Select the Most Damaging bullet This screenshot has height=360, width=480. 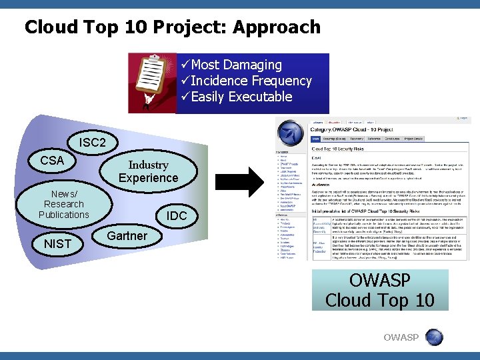point(236,65)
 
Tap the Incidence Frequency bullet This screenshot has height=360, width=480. point(251,81)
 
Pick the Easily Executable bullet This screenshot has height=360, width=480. point(241,97)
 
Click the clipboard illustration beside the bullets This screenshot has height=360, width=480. point(153,83)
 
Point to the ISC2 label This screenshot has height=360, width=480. point(92,143)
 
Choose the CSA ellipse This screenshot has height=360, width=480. point(52,161)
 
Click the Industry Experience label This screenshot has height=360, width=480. point(148,171)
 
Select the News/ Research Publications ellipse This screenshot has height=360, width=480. point(63,204)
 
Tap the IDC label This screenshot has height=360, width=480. point(177,216)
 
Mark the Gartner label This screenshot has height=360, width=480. point(127,235)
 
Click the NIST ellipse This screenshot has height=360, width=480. point(57,244)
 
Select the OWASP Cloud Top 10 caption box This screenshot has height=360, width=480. point(379,290)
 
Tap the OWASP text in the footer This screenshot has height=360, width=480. point(402,337)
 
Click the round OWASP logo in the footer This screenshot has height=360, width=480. point(434,337)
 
